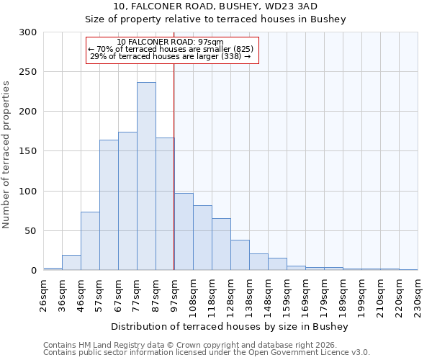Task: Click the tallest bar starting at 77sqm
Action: [146, 176]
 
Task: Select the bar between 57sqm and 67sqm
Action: [109, 205]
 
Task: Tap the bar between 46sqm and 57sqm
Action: [90, 241]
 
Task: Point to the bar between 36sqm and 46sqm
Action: [71, 263]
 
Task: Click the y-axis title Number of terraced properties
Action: [6, 155]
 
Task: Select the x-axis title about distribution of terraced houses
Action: [230, 326]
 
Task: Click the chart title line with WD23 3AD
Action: [215, 6]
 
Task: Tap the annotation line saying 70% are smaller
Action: [170, 49]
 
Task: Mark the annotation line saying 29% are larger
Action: [170, 56]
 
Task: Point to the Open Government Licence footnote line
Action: [207, 352]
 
